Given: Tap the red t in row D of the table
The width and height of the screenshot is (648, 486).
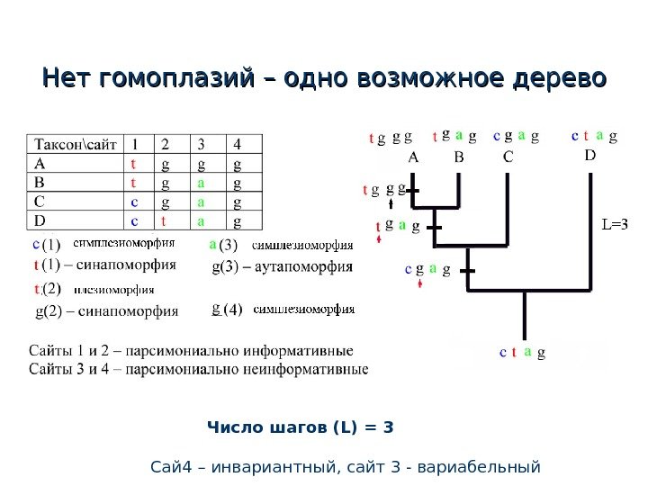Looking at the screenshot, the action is (x=165, y=220).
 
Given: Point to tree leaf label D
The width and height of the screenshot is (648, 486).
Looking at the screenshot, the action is (x=590, y=155).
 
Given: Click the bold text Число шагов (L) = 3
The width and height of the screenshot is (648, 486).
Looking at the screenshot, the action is (x=301, y=427).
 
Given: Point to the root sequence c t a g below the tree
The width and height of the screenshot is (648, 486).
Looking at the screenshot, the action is (x=522, y=354).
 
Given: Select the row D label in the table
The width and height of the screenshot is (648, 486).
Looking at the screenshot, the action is (x=40, y=220).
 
